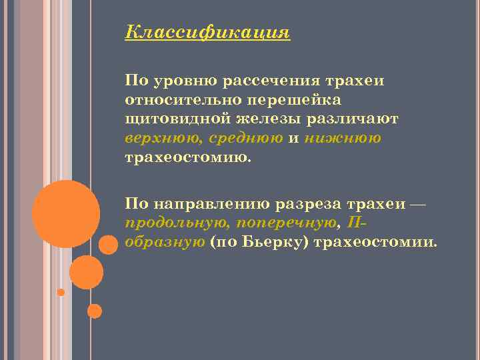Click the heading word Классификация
[207, 33]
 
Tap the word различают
[353, 120]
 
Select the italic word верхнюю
[163, 139]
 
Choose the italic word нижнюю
[343, 139]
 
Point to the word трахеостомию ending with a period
[189, 159]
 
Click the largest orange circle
[66, 213]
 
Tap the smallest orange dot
[61, 292]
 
